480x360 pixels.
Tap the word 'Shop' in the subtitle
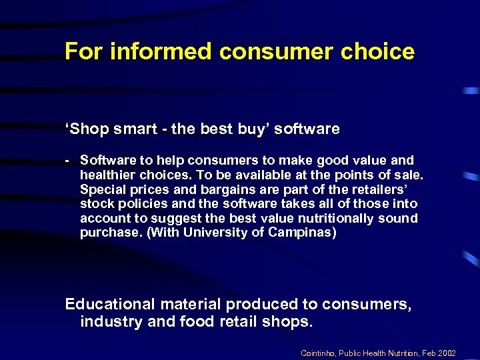pos(85,129)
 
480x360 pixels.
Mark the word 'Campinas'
pos(301,233)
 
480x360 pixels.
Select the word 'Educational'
pos(109,304)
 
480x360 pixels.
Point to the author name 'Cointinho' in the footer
pos(318,352)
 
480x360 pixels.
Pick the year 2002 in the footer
pos(462,352)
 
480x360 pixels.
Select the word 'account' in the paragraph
pos(103,218)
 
